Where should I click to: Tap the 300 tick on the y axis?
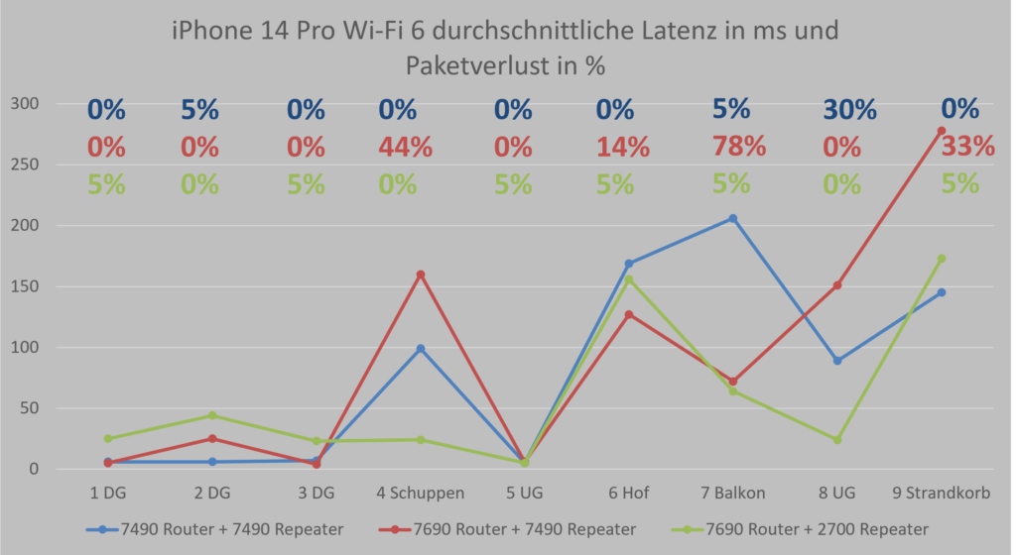(x=24, y=104)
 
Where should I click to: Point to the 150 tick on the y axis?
(x=24, y=286)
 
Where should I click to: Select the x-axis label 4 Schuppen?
(x=420, y=494)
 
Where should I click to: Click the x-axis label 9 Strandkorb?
(x=941, y=494)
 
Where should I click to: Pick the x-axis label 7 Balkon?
(x=732, y=494)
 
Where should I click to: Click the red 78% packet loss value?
(x=739, y=147)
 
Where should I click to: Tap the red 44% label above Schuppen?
(x=405, y=148)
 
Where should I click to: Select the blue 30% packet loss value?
(x=849, y=109)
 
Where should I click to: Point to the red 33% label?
(x=968, y=147)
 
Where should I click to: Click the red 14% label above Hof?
(x=622, y=148)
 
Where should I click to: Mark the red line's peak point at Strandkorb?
(x=941, y=131)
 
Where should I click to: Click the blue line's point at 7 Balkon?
(x=733, y=218)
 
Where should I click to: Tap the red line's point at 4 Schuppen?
(x=421, y=275)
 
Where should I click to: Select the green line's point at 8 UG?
(x=837, y=440)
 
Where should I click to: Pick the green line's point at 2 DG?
(x=211, y=415)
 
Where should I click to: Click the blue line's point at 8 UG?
(x=837, y=361)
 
